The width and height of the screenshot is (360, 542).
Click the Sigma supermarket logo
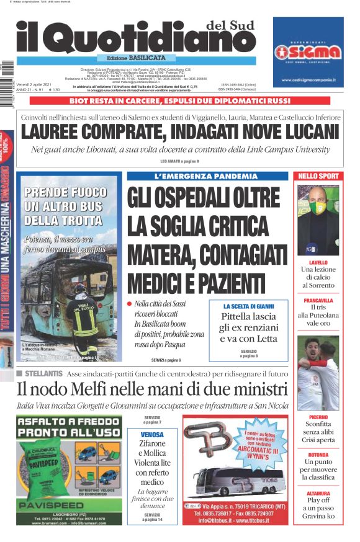point(308,50)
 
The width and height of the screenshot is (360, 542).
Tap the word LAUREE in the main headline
point(55,133)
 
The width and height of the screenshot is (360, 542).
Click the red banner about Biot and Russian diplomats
point(179,100)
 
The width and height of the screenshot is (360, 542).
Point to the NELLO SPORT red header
point(318,176)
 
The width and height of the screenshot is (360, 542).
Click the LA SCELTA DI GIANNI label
point(247,306)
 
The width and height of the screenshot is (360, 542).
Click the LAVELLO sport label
point(317,262)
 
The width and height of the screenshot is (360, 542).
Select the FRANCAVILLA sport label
point(317,300)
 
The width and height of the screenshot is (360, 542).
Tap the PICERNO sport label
point(317,417)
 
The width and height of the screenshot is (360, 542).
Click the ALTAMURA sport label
point(317,493)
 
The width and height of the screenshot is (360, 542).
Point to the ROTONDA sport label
point(317,455)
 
